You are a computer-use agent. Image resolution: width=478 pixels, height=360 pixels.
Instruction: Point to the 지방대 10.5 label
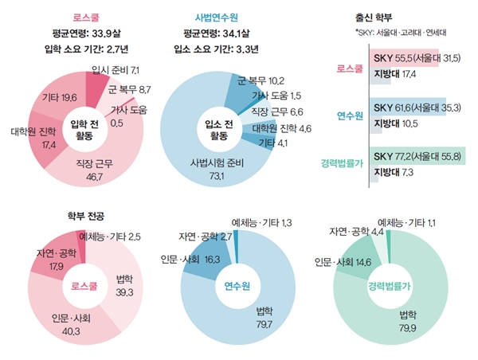[x=394, y=123]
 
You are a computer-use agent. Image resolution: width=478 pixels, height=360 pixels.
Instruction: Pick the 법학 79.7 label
[x=265, y=316]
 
